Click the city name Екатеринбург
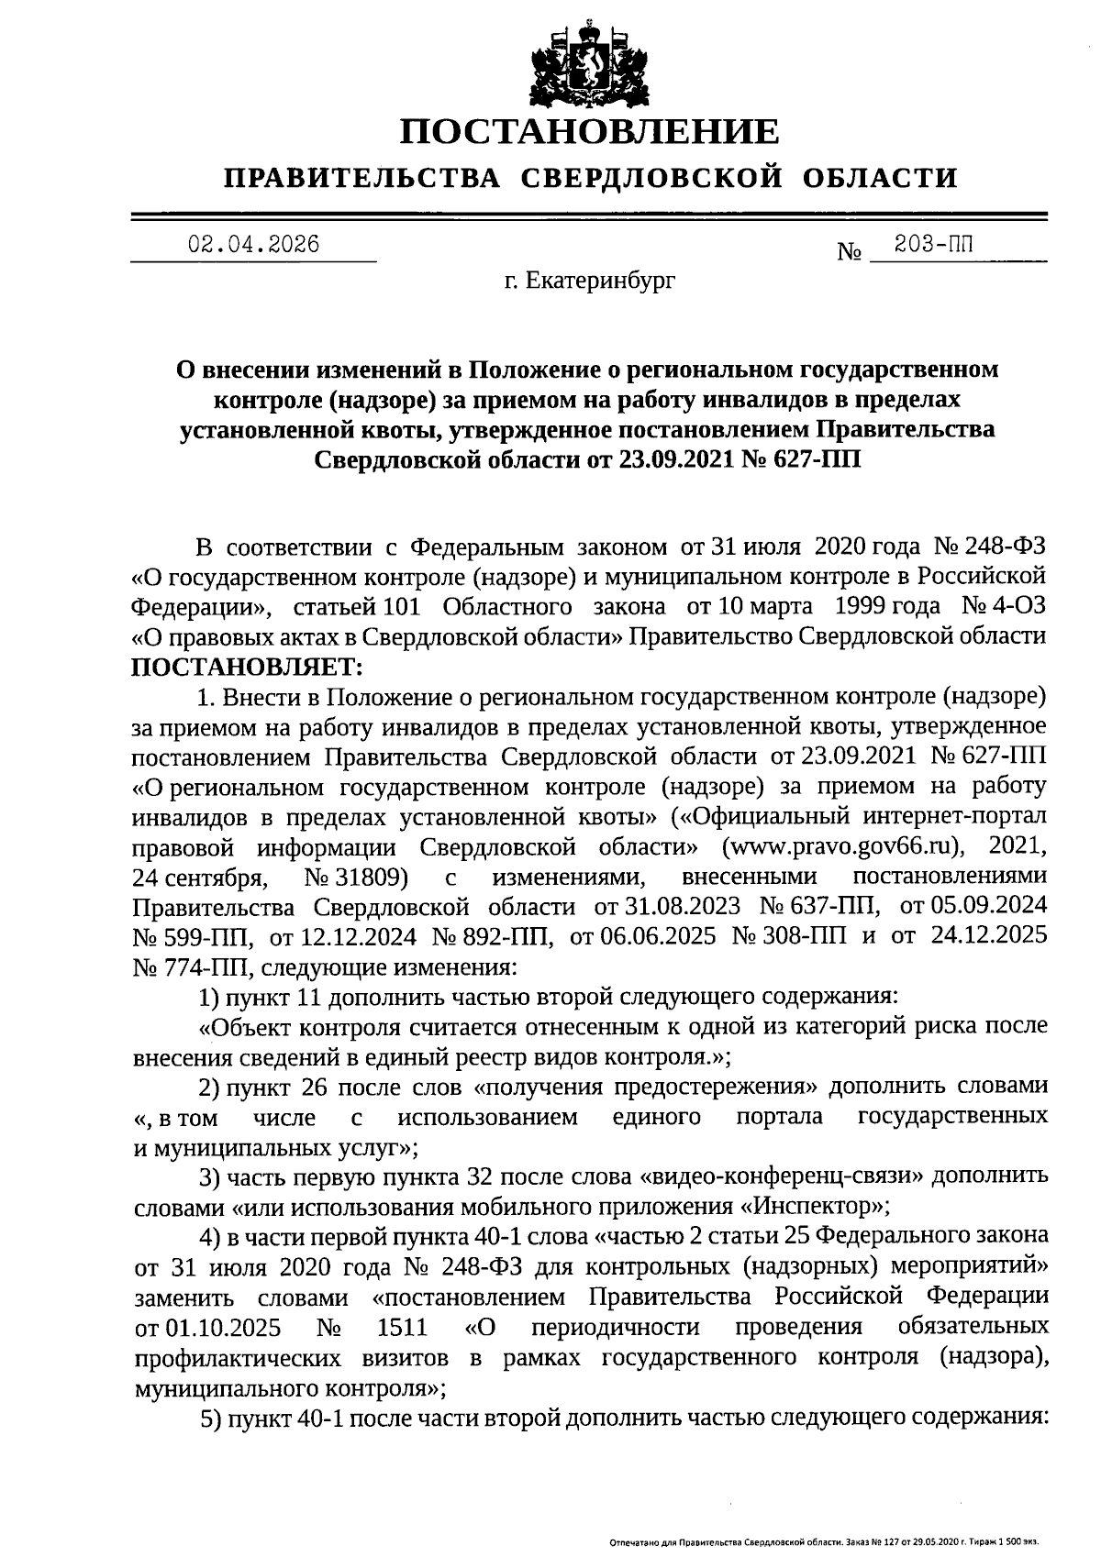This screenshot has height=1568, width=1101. tap(601, 282)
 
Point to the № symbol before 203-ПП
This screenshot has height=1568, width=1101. tap(849, 251)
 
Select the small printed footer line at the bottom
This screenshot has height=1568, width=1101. tap(823, 1543)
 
